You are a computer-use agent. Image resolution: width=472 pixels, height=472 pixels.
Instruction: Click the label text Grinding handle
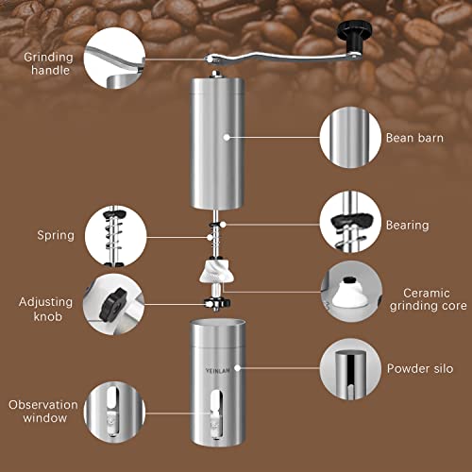click(45, 63)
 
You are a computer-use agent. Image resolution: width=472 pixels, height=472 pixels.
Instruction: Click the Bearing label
click(407, 226)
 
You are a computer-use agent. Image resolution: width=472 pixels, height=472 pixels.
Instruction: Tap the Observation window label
click(42, 411)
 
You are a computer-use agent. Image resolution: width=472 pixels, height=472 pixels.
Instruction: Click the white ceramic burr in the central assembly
click(217, 275)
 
